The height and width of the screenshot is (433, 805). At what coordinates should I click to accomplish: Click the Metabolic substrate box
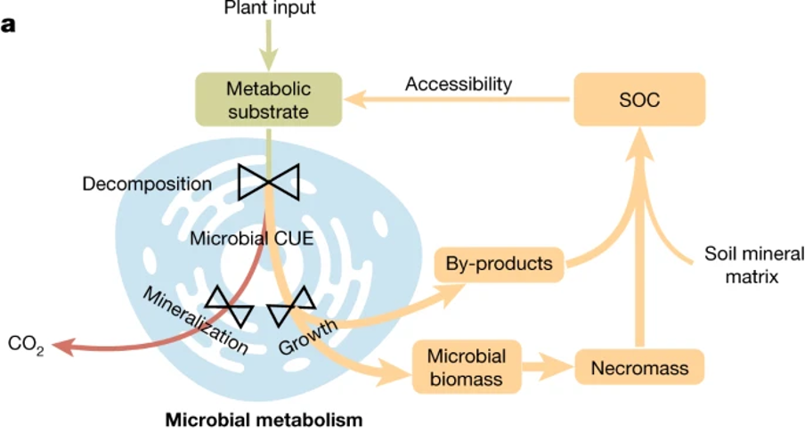coord(268,100)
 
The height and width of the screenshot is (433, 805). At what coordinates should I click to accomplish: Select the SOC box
coord(638,100)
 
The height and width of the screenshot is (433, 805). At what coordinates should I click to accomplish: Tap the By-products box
coord(500,264)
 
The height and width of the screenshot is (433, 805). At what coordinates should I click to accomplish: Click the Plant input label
coord(268,9)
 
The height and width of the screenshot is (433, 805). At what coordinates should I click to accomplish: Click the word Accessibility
coord(459,85)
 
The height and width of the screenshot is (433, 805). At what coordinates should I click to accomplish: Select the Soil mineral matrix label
coord(741,264)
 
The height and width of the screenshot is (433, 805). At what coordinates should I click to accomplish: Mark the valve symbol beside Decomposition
coord(268,183)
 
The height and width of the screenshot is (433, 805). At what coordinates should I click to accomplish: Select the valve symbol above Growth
coord(291,308)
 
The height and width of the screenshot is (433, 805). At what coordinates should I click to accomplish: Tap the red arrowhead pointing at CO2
coord(61,346)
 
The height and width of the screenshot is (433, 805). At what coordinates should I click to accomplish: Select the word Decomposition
coord(147,184)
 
